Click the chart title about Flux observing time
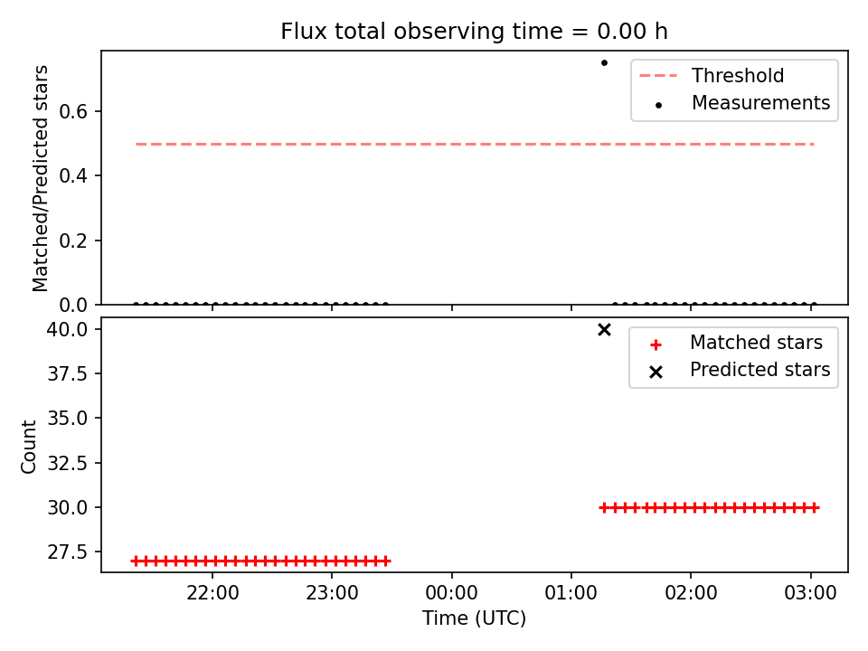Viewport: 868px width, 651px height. [x=474, y=31]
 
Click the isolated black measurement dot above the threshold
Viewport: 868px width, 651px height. [x=604, y=62]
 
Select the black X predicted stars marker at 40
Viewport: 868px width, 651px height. [x=604, y=330]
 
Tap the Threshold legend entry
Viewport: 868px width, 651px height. [x=712, y=75]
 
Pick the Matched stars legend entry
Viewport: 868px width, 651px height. [x=736, y=343]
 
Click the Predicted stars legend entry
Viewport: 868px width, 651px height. [x=740, y=370]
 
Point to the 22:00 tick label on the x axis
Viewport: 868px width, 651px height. [x=212, y=593]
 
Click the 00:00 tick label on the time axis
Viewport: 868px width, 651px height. [x=452, y=593]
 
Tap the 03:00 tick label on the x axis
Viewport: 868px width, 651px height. [x=810, y=593]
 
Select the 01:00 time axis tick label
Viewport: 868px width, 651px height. [x=571, y=593]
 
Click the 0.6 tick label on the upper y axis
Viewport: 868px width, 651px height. [x=73, y=112]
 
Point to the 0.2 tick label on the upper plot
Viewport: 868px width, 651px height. [x=73, y=241]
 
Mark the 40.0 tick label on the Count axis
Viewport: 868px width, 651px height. [x=67, y=329]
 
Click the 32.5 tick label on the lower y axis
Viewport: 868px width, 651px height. [x=67, y=463]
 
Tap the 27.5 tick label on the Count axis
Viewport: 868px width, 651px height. [x=67, y=552]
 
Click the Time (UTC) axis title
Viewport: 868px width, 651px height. [x=474, y=618]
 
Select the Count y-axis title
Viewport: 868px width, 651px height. [x=28, y=447]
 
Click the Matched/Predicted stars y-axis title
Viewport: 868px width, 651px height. [x=40, y=178]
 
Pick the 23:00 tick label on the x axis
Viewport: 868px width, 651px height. [x=332, y=593]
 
